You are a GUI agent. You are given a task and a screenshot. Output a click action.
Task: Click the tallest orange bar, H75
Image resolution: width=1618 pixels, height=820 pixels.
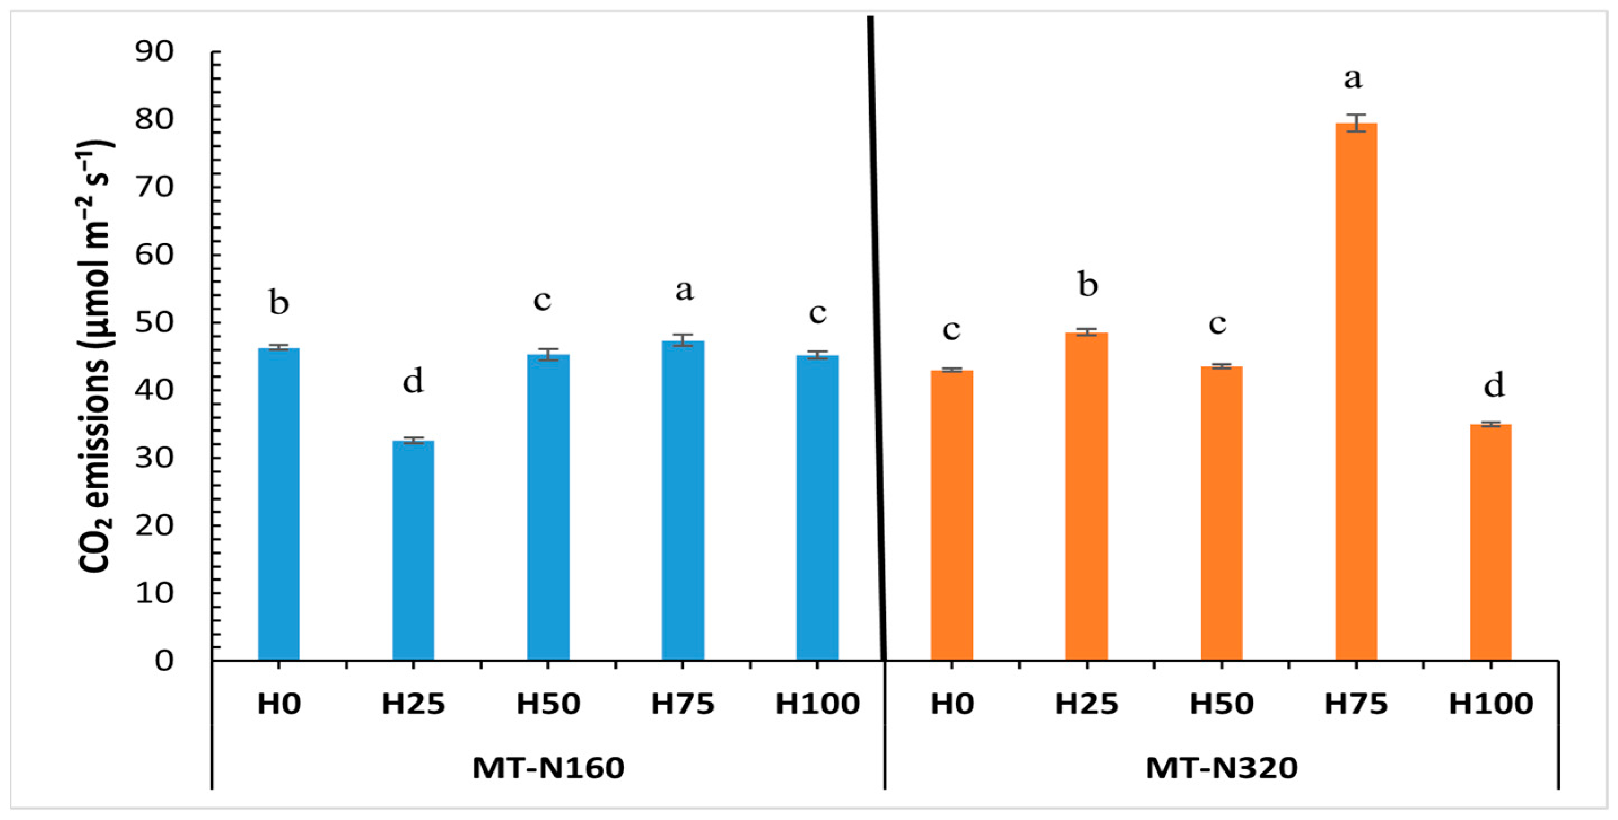[x=1356, y=391]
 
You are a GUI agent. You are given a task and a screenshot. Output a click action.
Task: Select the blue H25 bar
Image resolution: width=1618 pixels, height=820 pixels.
[x=413, y=550]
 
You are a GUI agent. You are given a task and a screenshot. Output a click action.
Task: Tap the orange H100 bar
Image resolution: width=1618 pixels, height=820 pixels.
[x=1490, y=542]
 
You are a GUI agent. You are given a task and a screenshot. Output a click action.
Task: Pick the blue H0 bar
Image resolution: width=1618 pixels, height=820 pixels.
[x=279, y=503]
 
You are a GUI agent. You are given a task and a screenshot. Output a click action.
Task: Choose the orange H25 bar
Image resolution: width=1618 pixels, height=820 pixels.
[x=1087, y=496]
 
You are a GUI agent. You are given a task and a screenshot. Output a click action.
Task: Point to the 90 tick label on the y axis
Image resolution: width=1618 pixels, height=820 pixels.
[x=154, y=51]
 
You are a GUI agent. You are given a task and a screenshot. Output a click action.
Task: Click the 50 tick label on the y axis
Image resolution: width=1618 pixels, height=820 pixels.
[x=154, y=322]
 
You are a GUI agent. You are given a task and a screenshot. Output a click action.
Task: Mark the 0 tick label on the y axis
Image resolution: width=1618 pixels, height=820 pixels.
[x=164, y=660]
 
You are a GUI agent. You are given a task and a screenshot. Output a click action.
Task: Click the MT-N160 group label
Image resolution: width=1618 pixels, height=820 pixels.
[x=548, y=768]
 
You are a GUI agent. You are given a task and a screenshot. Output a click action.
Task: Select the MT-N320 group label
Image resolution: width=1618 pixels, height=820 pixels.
[x=1222, y=768]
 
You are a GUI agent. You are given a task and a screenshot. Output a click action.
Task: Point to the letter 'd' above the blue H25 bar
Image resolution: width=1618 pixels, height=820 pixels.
[x=413, y=380]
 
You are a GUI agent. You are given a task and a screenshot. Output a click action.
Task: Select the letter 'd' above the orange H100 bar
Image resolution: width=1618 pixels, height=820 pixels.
[x=1494, y=384]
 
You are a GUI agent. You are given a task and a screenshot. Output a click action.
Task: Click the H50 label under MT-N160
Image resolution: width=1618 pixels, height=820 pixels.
[x=548, y=704]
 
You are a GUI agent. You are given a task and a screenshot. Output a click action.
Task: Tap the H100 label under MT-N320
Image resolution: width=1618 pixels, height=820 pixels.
[x=1491, y=704]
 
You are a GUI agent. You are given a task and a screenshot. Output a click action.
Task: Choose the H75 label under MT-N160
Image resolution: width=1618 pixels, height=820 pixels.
[x=683, y=704]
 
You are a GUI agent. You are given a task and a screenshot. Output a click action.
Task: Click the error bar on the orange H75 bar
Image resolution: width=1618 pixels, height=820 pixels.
[x=1356, y=123]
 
